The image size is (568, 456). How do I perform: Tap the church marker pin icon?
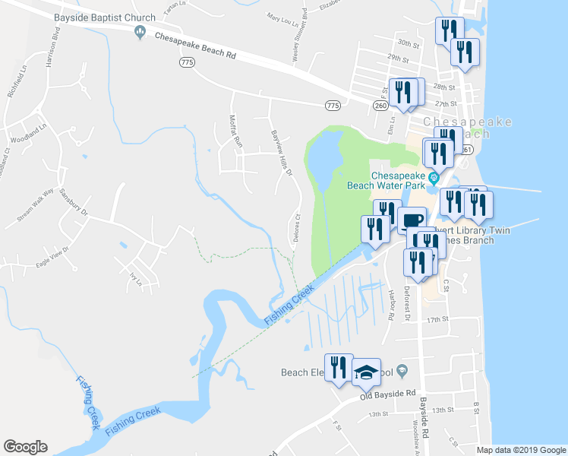pyautogui.click(x=139, y=32)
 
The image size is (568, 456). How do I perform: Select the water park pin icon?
pyautogui.click(x=433, y=179)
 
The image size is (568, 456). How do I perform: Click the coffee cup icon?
pyautogui.click(x=412, y=220)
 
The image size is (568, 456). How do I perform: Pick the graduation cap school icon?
pyautogui.click(x=366, y=372)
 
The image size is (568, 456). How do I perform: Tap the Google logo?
pyautogui.click(x=25, y=447)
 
